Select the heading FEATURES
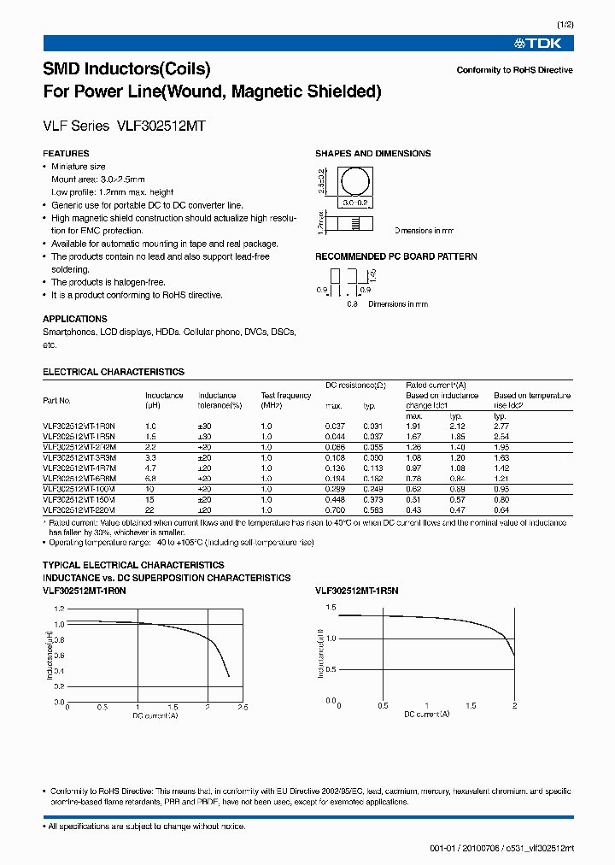tap(66, 154)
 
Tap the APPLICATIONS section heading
tap(75, 319)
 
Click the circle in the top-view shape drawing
tap(354, 182)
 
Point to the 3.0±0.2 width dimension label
tap(354, 203)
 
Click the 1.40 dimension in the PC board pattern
tap(372, 275)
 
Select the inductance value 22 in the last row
tap(150, 509)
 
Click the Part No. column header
tap(57, 400)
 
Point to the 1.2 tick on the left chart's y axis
tap(58, 609)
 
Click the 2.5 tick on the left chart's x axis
tap(243, 708)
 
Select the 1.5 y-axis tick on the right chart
tap(330, 607)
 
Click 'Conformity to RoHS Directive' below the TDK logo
tap(514, 70)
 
